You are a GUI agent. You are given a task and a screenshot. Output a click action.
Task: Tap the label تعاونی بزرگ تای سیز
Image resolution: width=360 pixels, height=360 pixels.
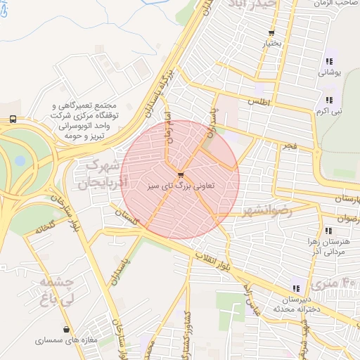click(181, 187)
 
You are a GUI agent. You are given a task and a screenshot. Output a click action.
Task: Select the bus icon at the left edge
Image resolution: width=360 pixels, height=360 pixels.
click(13, 120)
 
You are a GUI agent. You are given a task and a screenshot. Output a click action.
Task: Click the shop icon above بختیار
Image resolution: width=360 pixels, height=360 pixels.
click(271, 34)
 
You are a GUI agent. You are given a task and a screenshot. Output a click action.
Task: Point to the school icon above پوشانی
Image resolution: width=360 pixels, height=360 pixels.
click(329, 61)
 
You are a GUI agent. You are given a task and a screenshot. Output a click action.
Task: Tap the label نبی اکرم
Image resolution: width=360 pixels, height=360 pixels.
click(329, 111)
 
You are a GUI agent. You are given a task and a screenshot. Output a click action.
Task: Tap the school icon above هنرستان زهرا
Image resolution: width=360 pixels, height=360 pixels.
click(328, 230)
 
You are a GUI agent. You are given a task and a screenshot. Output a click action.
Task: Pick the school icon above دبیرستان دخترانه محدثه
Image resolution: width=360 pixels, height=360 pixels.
click(295, 287)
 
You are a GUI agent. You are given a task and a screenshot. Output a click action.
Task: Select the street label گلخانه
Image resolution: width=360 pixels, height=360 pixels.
click(41, 228)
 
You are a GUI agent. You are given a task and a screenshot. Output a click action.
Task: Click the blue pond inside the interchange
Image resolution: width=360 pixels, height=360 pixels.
click(20, 161)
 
